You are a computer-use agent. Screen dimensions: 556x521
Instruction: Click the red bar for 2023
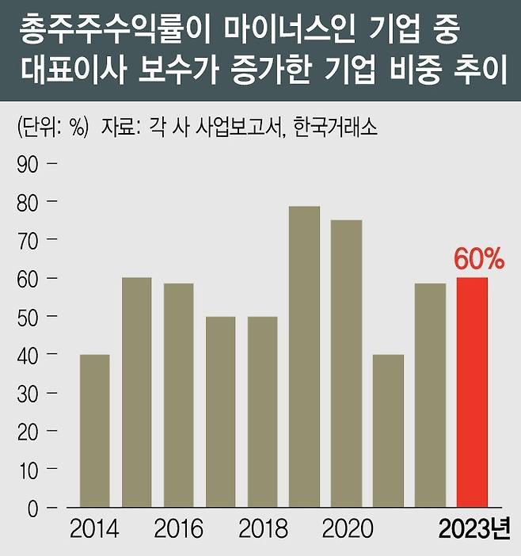[x=472, y=392]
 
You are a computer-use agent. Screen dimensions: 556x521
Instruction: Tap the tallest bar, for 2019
[x=304, y=356]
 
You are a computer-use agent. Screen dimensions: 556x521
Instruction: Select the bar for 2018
[x=262, y=411]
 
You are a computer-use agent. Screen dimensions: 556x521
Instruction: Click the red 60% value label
[x=474, y=260]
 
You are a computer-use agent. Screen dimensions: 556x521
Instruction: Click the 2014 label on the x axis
[x=94, y=529]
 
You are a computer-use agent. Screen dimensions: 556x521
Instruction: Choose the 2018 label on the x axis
[x=262, y=529]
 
